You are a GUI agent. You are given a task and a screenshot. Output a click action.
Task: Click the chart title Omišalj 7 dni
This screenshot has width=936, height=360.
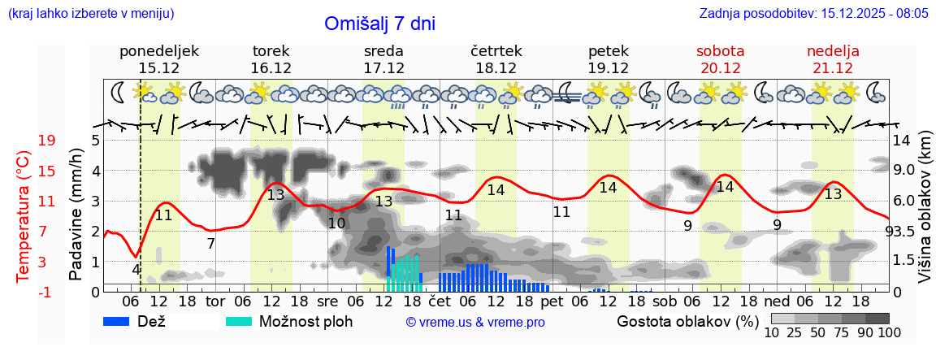[379, 24]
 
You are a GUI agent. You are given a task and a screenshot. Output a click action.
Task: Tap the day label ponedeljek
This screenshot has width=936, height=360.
[159, 51]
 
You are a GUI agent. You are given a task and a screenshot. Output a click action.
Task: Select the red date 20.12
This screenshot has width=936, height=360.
[721, 68]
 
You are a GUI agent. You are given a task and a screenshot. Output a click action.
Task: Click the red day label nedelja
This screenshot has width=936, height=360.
[833, 51]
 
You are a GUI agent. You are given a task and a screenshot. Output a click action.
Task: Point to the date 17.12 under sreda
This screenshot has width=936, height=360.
[384, 68]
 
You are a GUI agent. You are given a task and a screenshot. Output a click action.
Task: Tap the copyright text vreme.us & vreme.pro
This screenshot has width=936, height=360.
[475, 323]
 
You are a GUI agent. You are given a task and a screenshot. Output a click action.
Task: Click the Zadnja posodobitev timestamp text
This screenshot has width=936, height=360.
[813, 14]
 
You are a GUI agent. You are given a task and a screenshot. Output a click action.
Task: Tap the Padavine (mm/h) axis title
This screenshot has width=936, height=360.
[76, 215]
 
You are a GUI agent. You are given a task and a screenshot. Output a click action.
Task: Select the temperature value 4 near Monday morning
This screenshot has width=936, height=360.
[136, 269]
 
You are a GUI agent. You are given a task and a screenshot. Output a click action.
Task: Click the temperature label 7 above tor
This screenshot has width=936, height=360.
[210, 243]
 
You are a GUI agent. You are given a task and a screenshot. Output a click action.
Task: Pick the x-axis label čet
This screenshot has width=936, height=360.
[440, 301]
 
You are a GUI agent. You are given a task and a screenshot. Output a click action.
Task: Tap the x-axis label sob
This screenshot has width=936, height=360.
[665, 301]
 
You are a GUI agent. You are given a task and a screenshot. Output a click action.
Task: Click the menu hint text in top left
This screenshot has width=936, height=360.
[90, 14]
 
